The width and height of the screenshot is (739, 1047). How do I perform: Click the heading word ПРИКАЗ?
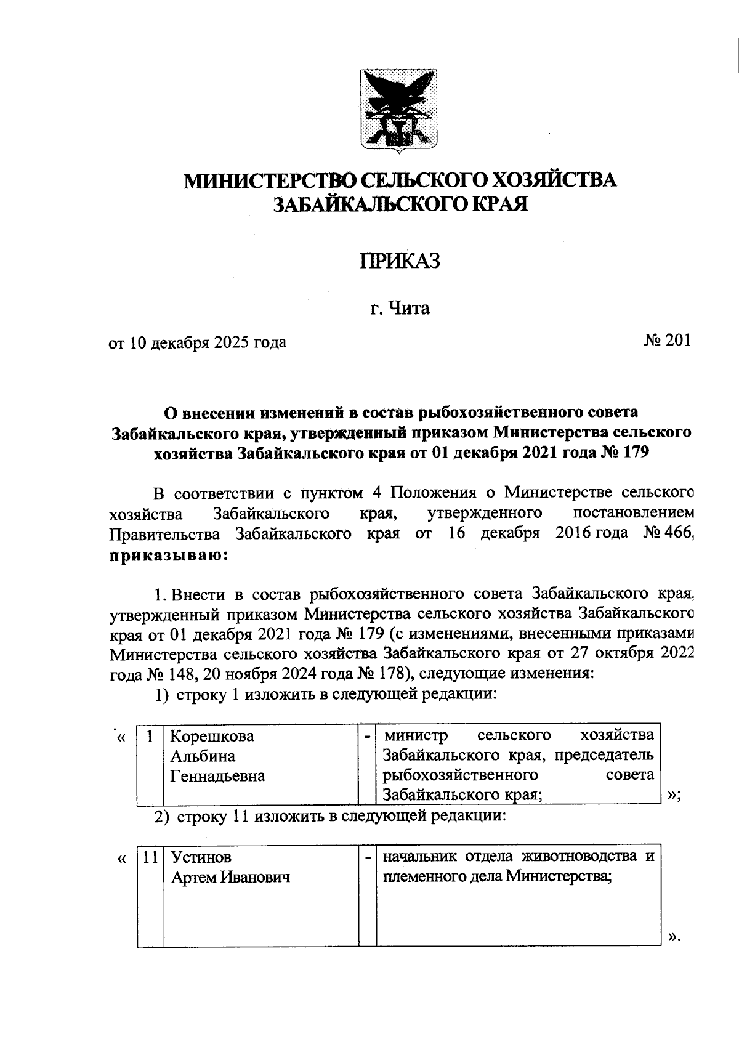coord(400,261)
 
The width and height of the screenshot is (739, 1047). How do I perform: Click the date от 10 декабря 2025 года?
coord(198,342)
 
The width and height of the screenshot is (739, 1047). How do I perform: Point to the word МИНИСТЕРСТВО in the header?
coord(271,181)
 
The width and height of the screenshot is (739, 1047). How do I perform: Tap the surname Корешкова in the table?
coord(211,737)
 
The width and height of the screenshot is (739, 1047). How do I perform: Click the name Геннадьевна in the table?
coord(217,776)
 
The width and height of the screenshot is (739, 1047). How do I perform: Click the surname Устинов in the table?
coord(201,857)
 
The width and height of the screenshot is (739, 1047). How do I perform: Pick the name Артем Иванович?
coord(230,878)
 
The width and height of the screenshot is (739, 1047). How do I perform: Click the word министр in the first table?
coord(415,735)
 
